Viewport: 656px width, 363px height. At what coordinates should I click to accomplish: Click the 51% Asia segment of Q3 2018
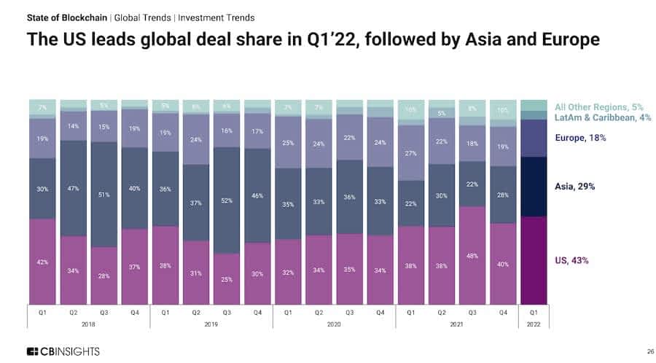coord(104,195)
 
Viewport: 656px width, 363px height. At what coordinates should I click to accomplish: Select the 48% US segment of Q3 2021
coord(472,255)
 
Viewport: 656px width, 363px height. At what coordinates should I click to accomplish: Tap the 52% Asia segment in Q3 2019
coord(227,200)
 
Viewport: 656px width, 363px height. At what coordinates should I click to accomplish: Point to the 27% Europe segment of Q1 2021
coord(411,153)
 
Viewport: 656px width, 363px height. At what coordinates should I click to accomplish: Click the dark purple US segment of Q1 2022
coord(534,260)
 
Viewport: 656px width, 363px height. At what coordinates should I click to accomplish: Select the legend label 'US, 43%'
coord(571,260)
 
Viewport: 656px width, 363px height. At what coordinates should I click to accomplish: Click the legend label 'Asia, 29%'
coord(574,187)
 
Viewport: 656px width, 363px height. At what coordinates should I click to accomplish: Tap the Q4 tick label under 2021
coord(503,311)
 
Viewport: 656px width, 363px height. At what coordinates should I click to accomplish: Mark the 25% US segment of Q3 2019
coord(227,279)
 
